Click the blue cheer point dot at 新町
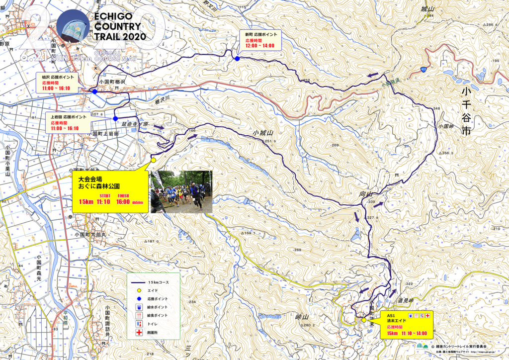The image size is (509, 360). click(238, 59)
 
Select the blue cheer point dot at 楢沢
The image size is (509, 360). click(94, 91)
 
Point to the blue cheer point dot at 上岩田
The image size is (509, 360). click(115, 118)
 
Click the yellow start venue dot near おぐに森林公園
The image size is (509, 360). click(154, 160)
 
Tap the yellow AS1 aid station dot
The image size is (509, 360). click(364, 320)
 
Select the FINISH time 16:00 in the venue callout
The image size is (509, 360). click(123, 202)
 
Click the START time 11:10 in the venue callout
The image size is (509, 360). click(103, 202)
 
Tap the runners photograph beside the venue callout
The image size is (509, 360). click(181, 191)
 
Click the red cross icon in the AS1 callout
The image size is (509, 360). click(427, 315)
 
